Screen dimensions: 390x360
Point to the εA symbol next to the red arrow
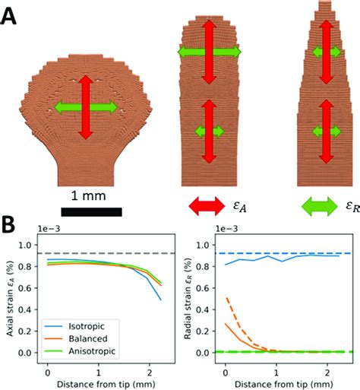(242, 206)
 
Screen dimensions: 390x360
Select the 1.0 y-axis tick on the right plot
(203, 245)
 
